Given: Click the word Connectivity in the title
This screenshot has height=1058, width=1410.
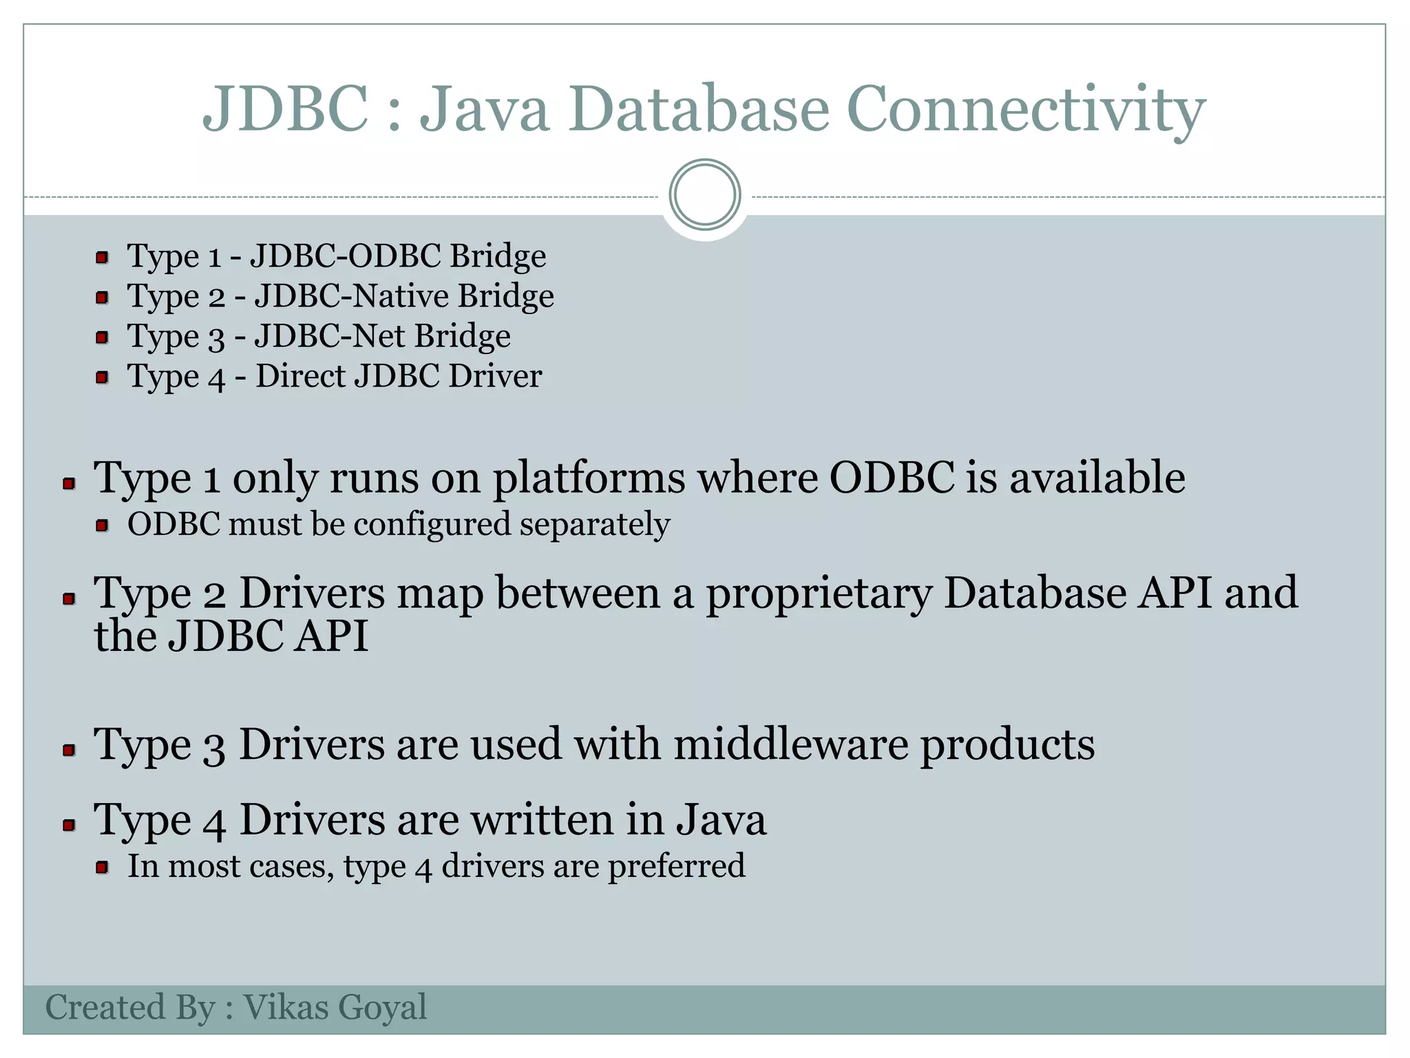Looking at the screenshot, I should [1025, 110].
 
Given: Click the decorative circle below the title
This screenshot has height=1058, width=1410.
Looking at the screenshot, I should [705, 195].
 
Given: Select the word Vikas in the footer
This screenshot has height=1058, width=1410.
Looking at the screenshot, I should [286, 1007].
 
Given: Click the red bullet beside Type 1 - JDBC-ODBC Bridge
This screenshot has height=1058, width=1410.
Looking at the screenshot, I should [102, 258].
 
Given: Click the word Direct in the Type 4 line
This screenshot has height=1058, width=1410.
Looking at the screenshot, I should [299, 376].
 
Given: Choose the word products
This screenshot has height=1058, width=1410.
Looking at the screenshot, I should [1007, 746].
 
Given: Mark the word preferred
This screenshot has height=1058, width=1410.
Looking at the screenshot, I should [676, 867].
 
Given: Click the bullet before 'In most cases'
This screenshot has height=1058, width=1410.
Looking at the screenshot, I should [102, 867].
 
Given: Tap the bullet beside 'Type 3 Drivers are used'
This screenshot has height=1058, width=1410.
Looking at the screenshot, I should [68, 749].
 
